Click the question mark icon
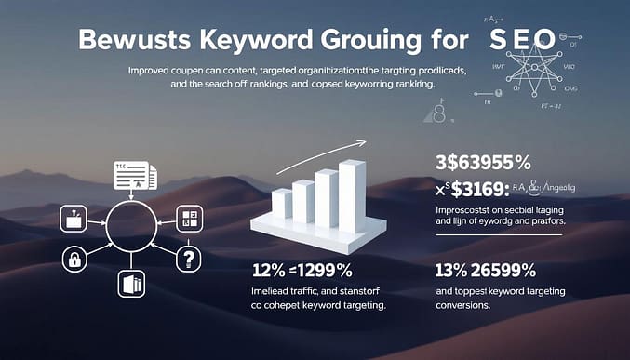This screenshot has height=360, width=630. [189, 260]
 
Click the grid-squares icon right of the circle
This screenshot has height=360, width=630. [189, 219]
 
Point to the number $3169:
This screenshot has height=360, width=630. [480, 188]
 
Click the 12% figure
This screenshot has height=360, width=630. [270, 271]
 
